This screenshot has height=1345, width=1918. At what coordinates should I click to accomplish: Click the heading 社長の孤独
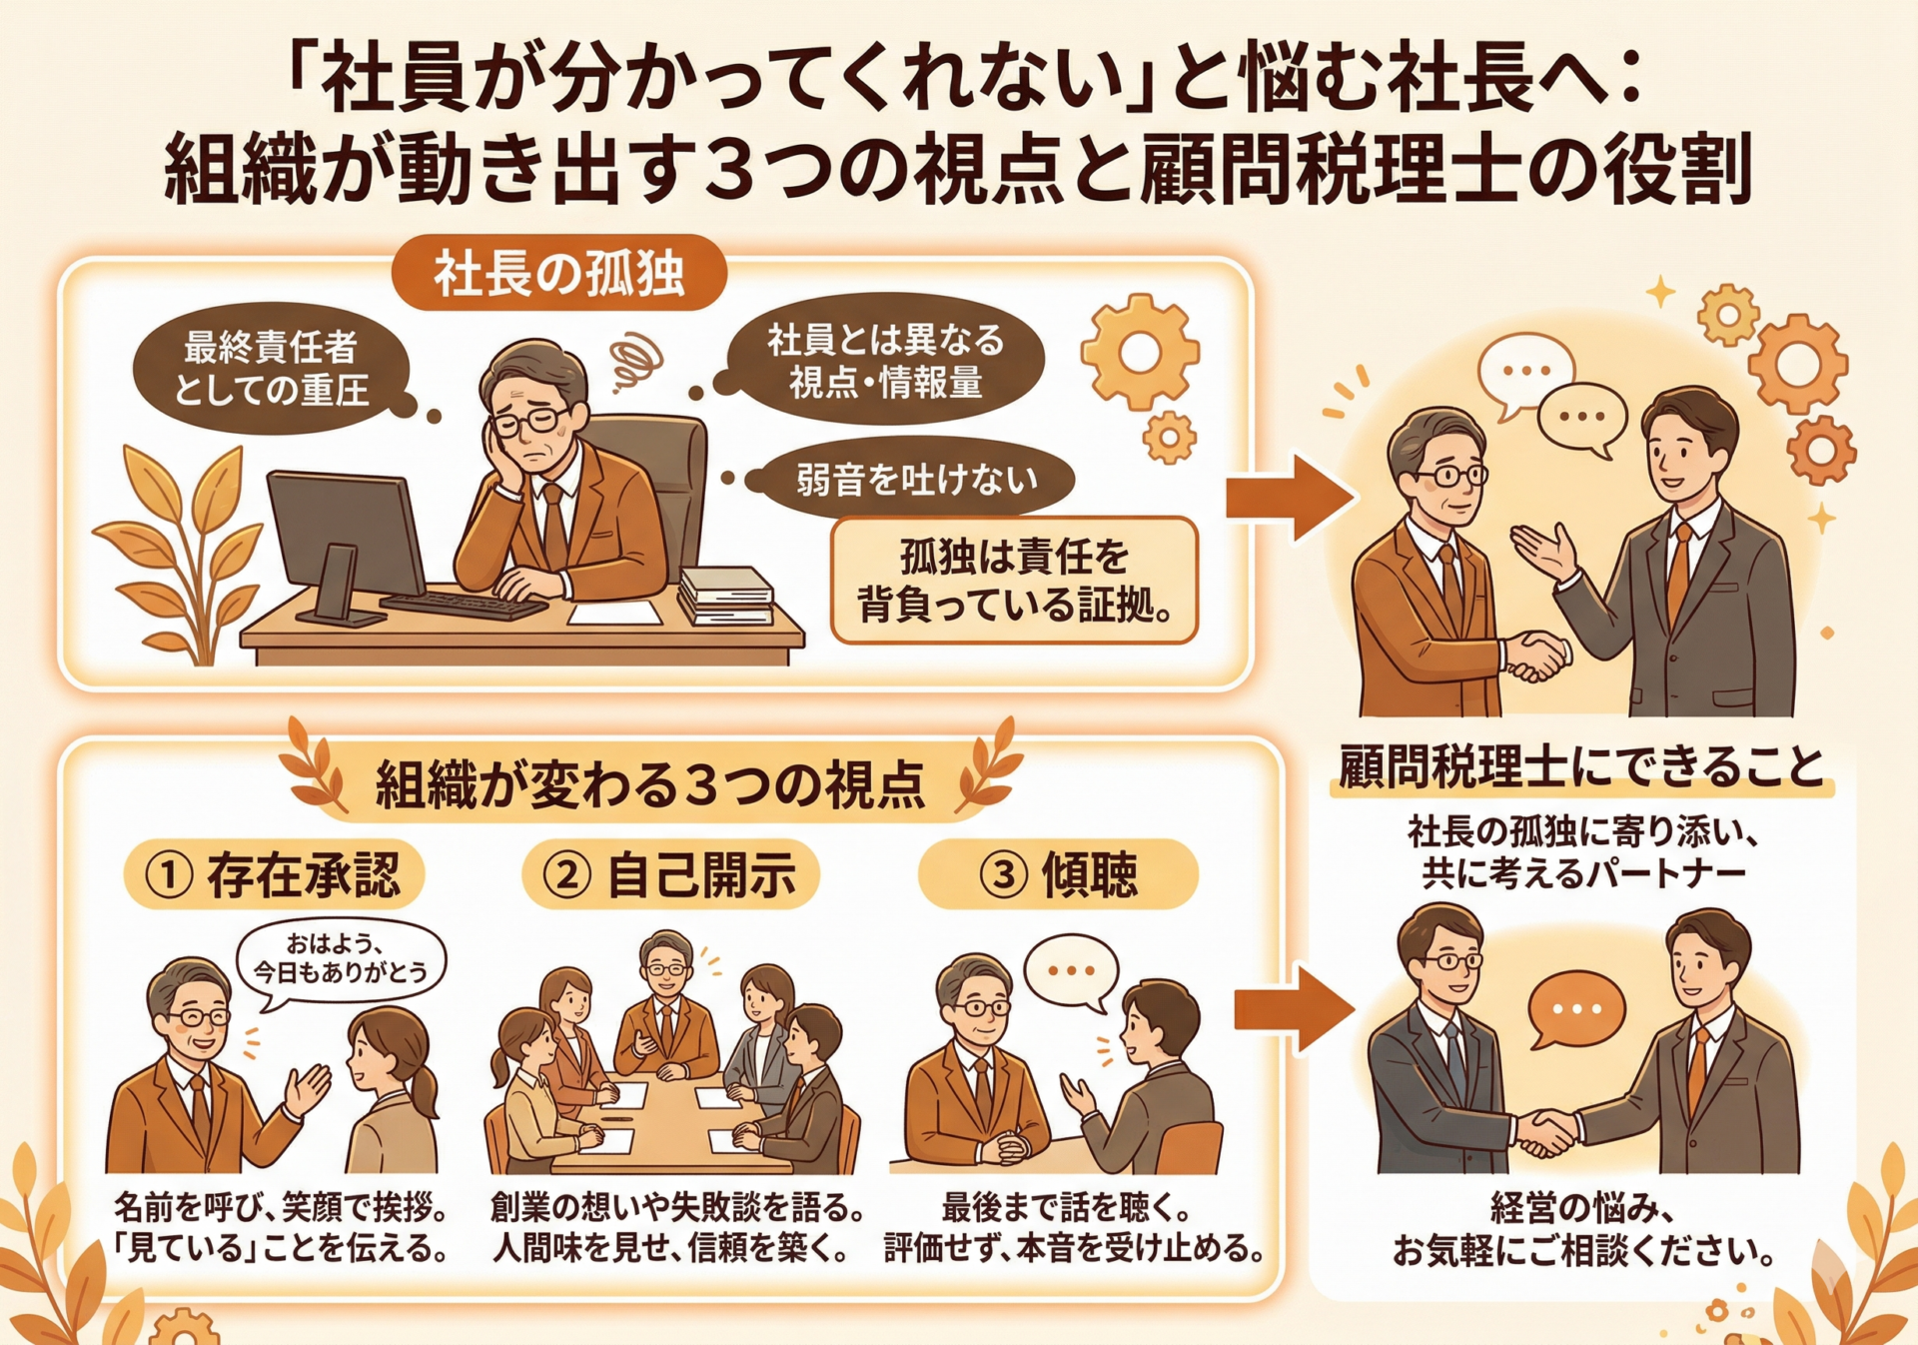point(559,273)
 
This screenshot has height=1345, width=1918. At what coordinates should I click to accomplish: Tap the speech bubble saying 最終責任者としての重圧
point(272,368)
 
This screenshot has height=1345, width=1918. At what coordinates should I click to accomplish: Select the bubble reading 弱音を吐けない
point(915,480)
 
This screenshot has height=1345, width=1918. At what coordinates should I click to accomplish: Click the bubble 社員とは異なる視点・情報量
point(885,360)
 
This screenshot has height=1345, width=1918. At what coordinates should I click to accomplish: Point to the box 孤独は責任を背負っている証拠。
point(1014,581)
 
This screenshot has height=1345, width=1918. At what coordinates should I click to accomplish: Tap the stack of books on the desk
point(725,596)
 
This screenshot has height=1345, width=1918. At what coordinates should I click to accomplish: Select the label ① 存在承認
point(275,874)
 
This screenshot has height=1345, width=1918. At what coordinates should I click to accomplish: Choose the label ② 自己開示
point(670,874)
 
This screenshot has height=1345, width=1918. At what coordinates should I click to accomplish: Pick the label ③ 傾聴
point(1058,874)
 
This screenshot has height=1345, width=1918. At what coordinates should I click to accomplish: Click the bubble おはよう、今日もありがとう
point(340,958)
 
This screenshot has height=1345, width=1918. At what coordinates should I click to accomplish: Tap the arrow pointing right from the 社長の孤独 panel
point(1290,498)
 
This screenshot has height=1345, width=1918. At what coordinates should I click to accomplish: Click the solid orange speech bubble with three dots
point(1575,1009)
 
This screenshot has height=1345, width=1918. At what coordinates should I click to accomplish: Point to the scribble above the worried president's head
point(636,361)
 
